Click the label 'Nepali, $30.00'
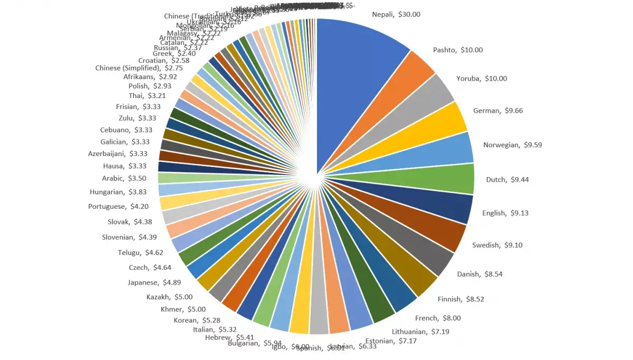point(396,15)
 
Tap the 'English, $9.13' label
point(505,213)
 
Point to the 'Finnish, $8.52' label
point(461,299)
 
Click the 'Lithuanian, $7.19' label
point(416,332)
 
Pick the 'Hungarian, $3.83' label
point(118,192)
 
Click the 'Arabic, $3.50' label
point(124,178)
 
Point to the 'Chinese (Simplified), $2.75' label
point(139,68)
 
